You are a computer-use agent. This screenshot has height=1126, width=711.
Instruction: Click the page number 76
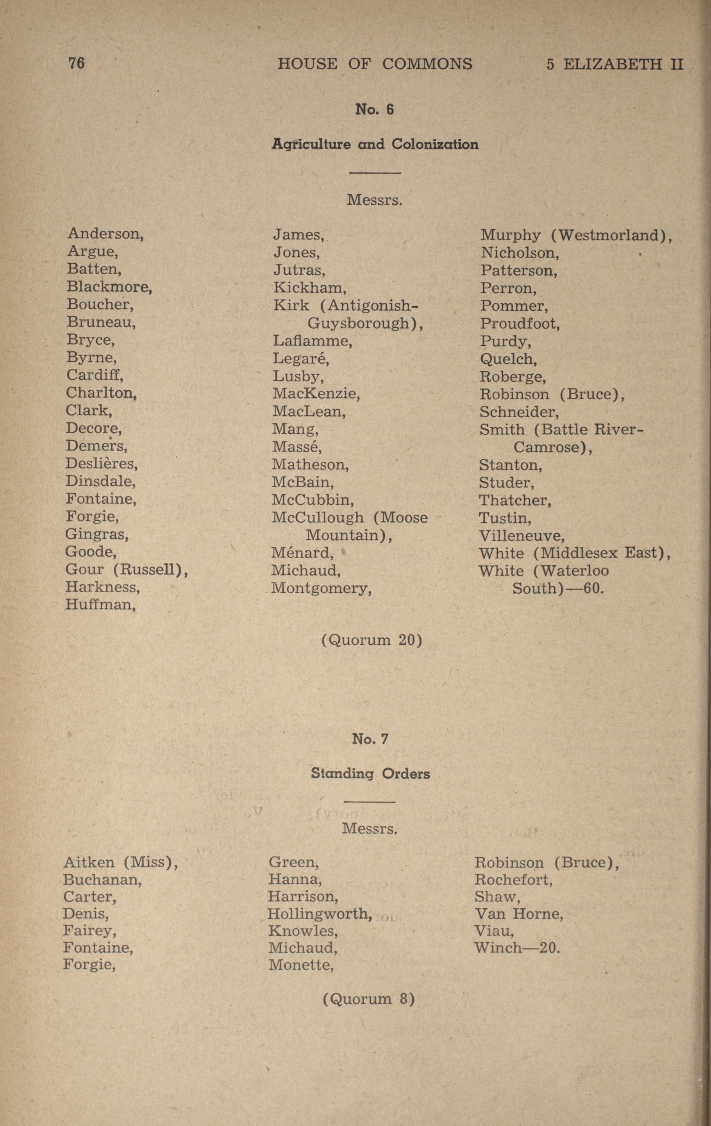tap(76, 63)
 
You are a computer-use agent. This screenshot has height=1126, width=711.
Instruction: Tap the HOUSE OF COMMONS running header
tap(375, 64)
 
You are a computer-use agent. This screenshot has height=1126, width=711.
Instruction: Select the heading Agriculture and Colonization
tap(375, 144)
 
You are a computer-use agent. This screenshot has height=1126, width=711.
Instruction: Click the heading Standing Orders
tap(370, 774)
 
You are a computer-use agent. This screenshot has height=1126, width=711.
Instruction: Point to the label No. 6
tap(374, 109)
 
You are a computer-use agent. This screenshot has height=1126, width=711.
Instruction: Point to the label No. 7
tap(370, 739)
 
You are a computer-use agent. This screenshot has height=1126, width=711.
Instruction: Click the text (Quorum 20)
tap(372, 640)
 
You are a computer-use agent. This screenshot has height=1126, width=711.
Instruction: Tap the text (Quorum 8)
tap(369, 1000)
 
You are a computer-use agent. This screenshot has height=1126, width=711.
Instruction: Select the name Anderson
tap(105, 233)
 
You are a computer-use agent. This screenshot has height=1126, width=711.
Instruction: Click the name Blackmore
tap(109, 286)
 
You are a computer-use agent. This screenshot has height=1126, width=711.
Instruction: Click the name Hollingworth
tap(320, 914)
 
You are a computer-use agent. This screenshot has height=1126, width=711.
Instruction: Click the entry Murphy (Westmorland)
tap(576, 235)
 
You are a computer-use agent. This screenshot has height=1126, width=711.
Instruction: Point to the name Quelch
tap(508, 359)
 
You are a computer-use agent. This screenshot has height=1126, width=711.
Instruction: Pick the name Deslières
tap(102, 463)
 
